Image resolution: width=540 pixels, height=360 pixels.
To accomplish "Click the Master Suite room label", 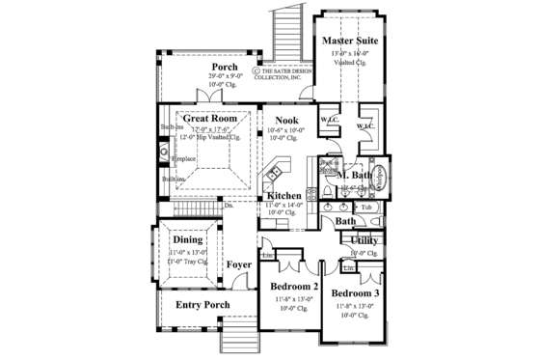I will click(349, 42).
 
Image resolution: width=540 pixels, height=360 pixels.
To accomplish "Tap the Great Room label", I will click(197, 119).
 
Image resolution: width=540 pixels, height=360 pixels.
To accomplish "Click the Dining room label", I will click(188, 240).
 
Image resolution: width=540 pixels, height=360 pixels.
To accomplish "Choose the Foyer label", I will click(239, 264).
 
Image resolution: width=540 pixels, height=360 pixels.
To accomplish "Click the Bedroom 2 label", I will click(294, 287).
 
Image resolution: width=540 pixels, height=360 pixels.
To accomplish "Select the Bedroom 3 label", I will click(355, 293).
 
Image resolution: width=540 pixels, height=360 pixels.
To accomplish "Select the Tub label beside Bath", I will click(366, 208).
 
